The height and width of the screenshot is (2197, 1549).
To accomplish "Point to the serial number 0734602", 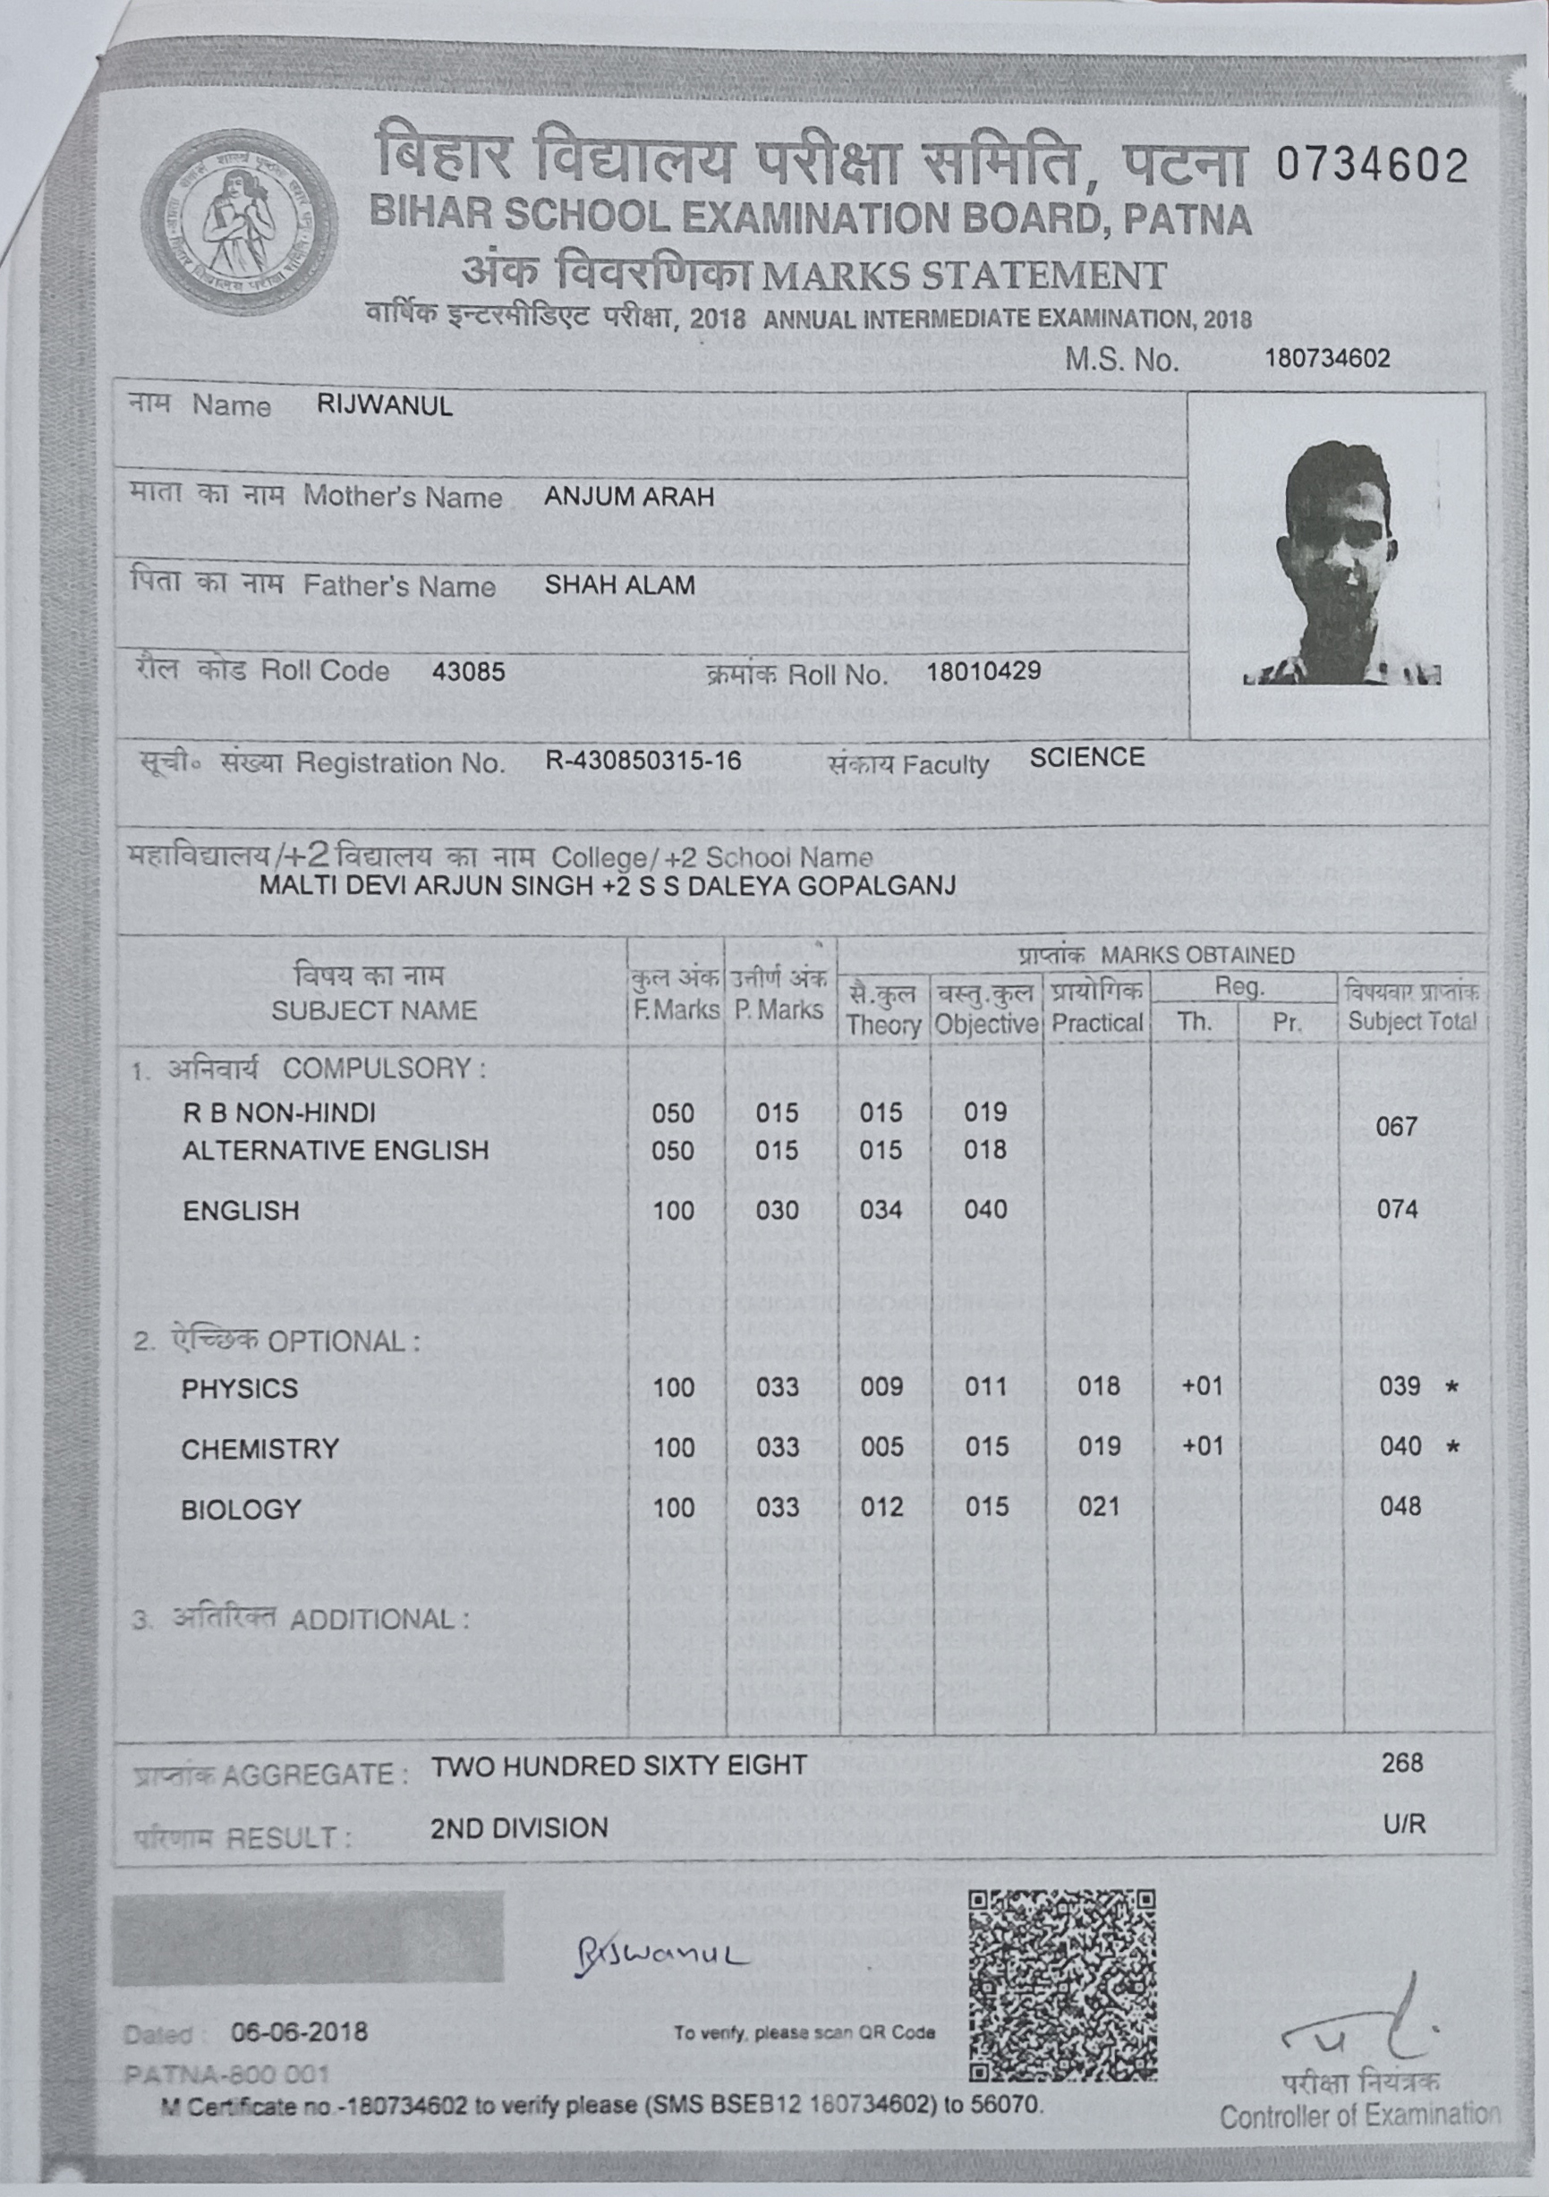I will [x=1370, y=166].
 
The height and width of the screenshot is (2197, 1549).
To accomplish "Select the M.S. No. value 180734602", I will [x=1327, y=359].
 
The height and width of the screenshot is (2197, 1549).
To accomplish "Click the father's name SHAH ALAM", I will [x=620, y=584].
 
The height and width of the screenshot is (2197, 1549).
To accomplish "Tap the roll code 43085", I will [x=468, y=672].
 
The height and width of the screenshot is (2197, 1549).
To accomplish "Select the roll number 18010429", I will [x=983, y=671].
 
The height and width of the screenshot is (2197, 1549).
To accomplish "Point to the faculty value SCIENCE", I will [x=1087, y=758].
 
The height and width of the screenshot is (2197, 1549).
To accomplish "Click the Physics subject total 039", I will [x=1400, y=1386].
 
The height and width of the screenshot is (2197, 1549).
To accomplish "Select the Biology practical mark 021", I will [x=1098, y=1507].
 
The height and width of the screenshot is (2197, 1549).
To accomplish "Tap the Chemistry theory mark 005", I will [x=881, y=1447].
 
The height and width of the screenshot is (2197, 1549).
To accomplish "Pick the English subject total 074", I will [x=1397, y=1210].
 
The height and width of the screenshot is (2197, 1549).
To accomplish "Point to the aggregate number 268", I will [x=1401, y=1763].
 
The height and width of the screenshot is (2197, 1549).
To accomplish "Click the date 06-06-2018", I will [x=299, y=2031].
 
